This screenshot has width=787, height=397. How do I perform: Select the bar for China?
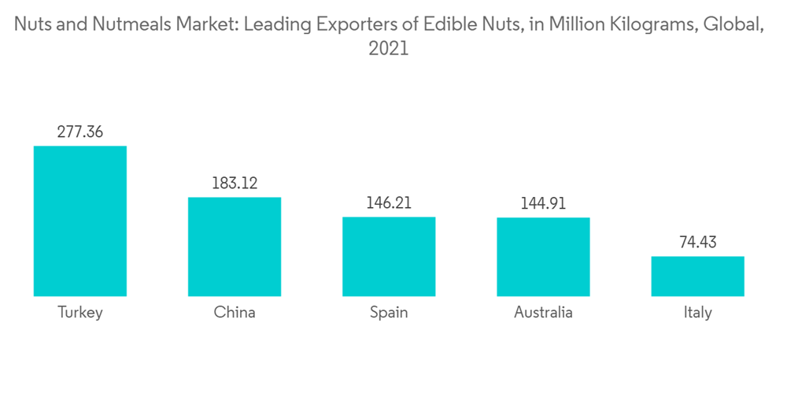pyautogui.click(x=235, y=247)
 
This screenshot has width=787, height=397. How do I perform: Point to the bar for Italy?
pyautogui.click(x=697, y=276)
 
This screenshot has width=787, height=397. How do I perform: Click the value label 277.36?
pyautogui.click(x=80, y=132)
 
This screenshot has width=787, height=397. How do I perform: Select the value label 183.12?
pyautogui.click(x=235, y=184)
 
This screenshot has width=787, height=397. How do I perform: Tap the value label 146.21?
pyautogui.click(x=389, y=203)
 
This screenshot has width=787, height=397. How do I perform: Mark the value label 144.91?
pyautogui.click(x=543, y=203)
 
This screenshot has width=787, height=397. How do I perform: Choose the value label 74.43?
pyautogui.click(x=697, y=243)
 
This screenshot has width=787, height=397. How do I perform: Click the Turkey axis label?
pyautogui.click(x=80, y=313)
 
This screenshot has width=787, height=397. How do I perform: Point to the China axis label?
pyautogui.click(x=235, y=313)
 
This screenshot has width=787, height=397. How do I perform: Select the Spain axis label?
pyautogui.click(x=389, y=313)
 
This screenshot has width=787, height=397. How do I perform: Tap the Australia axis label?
pyautogui.click(x=543, y=313)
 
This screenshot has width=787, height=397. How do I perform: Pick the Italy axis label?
pyautogui.click(x=697, y=313)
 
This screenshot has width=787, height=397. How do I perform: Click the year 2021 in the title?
pyautogui.click(x=389, y=49)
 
